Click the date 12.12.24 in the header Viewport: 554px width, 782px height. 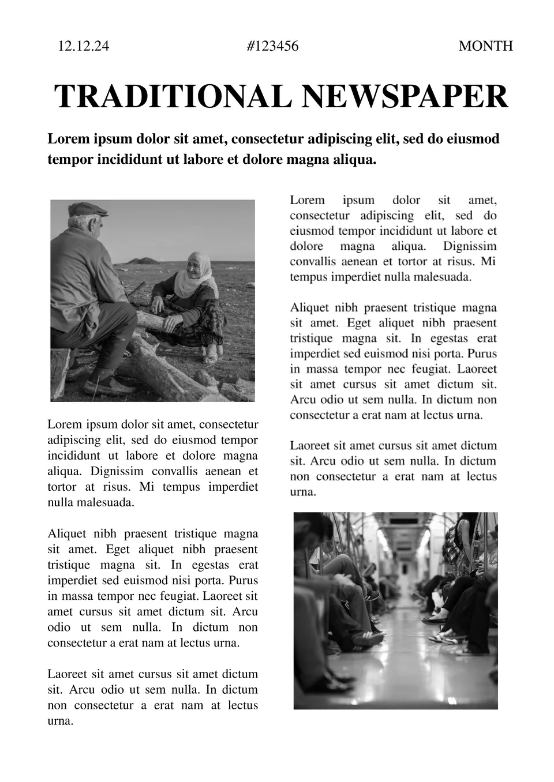click(83, 46)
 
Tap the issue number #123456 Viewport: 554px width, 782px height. click(272, 46)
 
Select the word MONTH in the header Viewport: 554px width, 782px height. click(485, 46)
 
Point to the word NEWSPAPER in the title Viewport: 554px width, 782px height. click(405, 96)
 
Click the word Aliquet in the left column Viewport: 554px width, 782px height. click(66, 533)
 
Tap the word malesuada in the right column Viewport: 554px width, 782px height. click(441, 277)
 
